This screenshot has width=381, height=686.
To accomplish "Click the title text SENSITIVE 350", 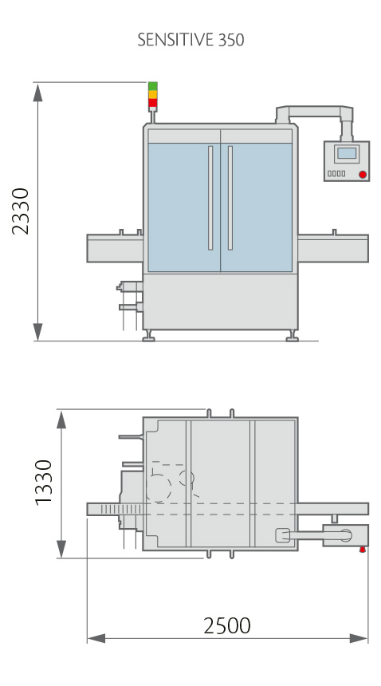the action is [190, 40].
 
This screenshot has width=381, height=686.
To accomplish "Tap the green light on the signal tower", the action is [152, 86].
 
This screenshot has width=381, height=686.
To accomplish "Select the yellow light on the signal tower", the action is [152, 94].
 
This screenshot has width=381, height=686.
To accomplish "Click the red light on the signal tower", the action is [152, 103].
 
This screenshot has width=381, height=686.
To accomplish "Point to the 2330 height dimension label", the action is [21, 211].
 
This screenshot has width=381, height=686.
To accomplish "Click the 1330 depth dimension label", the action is [44, 483].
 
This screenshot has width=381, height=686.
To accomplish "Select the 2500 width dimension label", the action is [227, 626].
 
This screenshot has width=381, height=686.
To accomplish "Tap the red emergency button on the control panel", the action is [363, 175].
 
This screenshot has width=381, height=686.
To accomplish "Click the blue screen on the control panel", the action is [347, 153].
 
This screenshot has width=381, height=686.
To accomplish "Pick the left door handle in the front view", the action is [210, 198].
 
